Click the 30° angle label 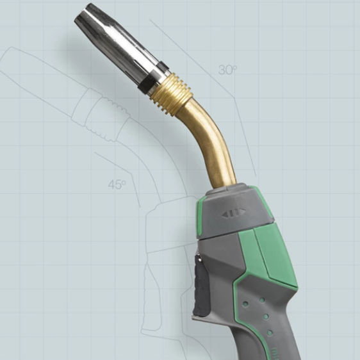coord(227,70)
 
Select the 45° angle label coord(117,184)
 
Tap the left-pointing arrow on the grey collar coord(225,213)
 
